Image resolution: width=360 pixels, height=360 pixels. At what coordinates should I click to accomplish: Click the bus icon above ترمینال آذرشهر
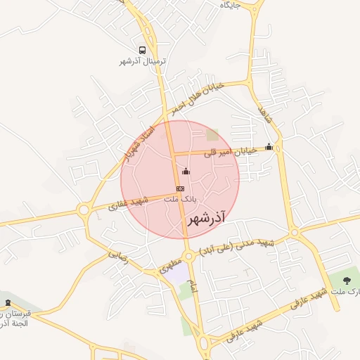pyautogui.click(x=143, y=51)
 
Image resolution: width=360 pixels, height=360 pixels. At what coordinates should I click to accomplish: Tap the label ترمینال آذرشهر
pyautogui.click(x=143, y=61)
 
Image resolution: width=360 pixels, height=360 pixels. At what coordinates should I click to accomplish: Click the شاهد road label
pyautogui.click(x=264, y=112)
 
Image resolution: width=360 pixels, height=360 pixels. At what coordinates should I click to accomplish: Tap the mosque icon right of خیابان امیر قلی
pyautogui.click(x=269, y=148)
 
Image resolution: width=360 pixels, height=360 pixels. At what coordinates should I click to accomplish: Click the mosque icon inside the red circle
pyautogui.click(x=186, y=171)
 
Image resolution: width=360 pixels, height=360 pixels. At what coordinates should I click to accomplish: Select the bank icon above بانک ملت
pyautogui.click(x=180, y=188)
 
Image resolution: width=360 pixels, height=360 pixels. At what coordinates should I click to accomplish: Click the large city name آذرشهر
pyautogui.click(x=209, y=219)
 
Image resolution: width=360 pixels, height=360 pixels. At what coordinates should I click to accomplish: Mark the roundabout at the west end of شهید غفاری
pyautogui.click(x=84, y=210)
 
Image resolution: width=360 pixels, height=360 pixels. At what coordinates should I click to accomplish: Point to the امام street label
pyautogui.click(x=193, y=284)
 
